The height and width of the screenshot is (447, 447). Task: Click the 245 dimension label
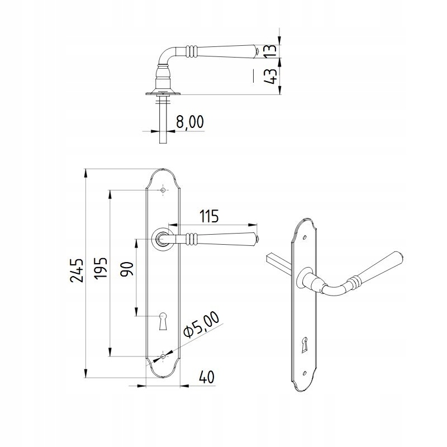pyautogui.click(x=77, y=270)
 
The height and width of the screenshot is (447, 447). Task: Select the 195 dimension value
pyautogui.click(x=101, y=268)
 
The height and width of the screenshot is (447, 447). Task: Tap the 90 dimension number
pyautogui.click(x=127, y=269)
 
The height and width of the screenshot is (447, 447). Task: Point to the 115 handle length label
pyautogui.click(x=209, y=216)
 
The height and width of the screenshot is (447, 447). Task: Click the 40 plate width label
pyautogui.click(x=206, y=377)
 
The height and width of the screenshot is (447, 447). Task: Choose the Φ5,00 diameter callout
pyautogui.click(x=202, y=325)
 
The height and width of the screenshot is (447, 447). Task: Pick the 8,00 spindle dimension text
pyautogui.click(x=190, y=122)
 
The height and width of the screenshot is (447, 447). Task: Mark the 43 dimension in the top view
pyautogui.click(x=270, y=76)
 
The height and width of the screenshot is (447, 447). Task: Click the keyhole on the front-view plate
pyautogui.click(x=163, y=321)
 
